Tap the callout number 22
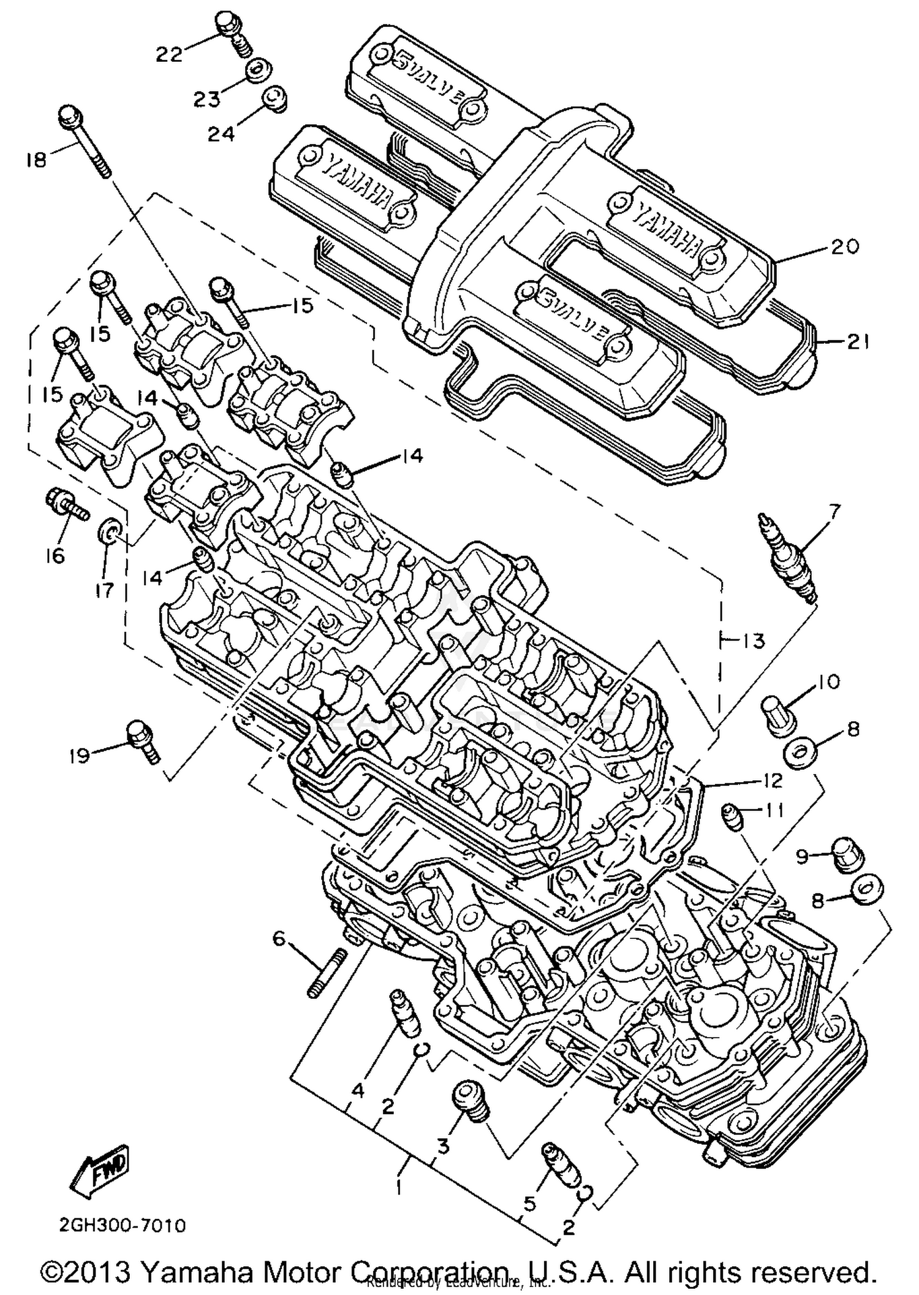tap(169, 55)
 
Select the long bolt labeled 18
tap(85, 142)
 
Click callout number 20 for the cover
tap(845, 246)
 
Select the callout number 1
tap(399, 1187)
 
